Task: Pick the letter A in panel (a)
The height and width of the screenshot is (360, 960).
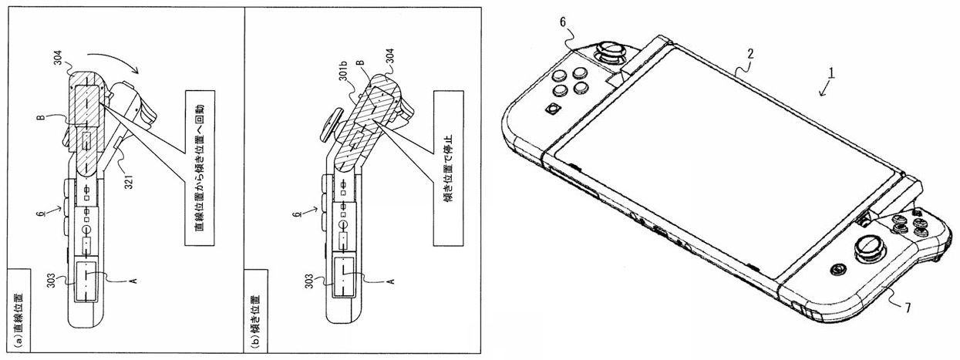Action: point(132,283)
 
